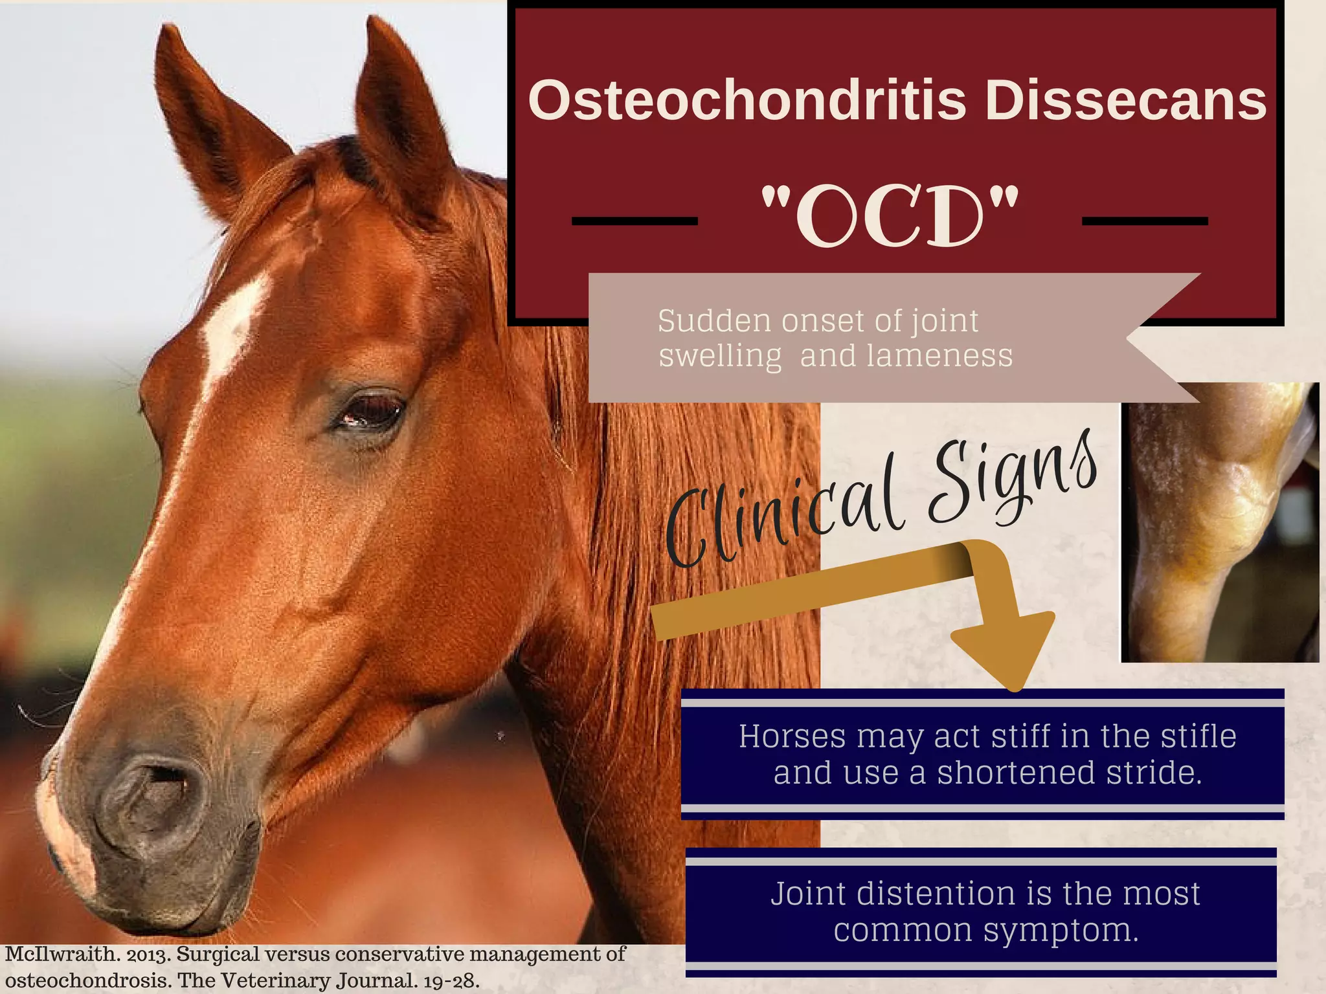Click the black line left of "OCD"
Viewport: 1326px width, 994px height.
coord(635,221)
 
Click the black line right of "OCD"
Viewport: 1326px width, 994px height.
coord(1145,221)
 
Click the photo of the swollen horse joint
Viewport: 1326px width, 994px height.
coord(1220,522)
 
